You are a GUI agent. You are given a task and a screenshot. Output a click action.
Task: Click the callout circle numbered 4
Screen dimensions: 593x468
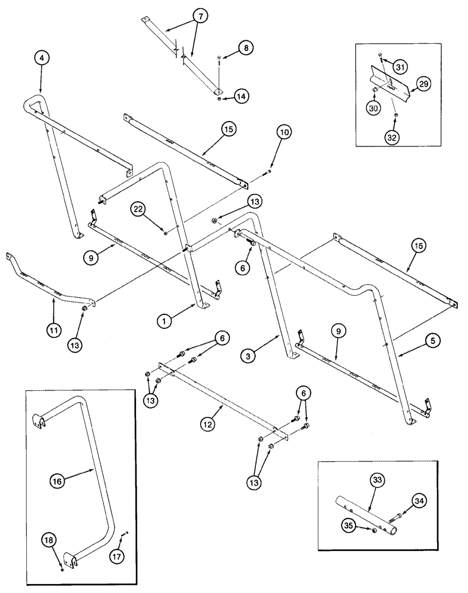point(41,58)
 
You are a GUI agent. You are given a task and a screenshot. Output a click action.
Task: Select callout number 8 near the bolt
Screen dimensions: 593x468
point(245,47)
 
